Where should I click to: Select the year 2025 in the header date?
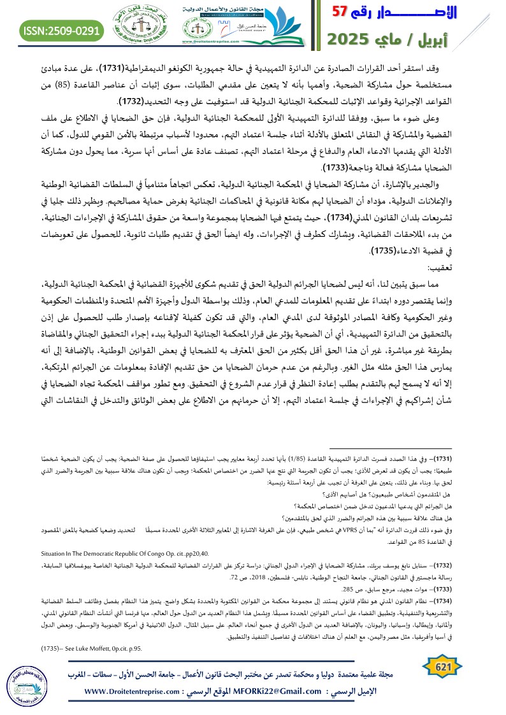pos(352,39)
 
